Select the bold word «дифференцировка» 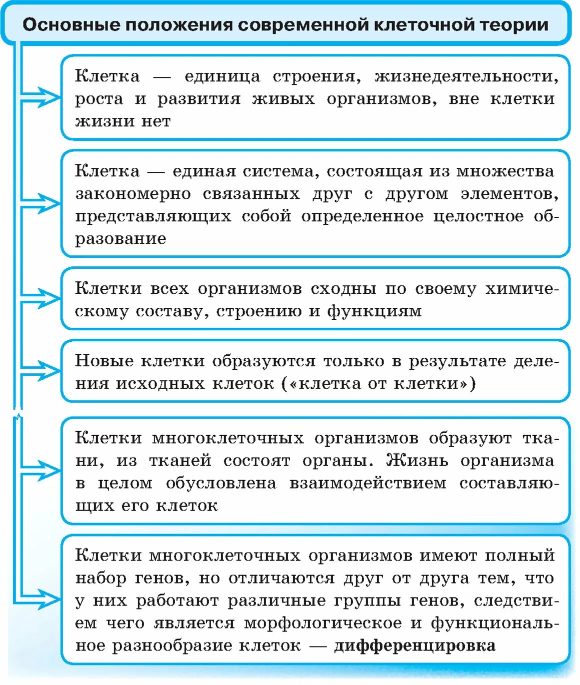tap(414, 646)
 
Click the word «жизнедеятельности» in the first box tap(466, 76)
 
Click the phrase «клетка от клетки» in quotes tap(378, 384)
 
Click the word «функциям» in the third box tap(374, 311)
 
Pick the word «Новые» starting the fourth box tap(104, 361)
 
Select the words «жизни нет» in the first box tap(123, 121)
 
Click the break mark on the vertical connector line tap(18, 415)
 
